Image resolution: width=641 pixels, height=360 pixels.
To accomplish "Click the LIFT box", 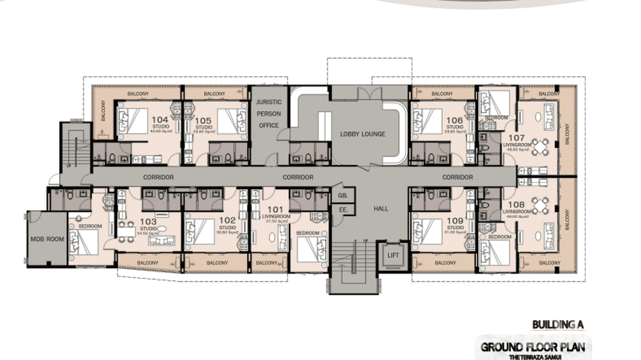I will click(x=393, y=255).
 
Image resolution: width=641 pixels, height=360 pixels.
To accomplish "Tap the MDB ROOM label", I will click(x=47, y=239).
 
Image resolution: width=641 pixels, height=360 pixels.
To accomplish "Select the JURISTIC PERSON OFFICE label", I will click(x=268, y=114).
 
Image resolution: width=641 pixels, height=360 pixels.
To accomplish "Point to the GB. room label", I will click(x=342, y=196).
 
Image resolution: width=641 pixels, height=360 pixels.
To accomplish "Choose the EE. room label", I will click(x=342, y=210).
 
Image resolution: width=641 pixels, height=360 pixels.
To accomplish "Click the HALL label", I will click(x=381, y=209).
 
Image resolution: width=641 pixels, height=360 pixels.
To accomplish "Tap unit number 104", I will click(x=160, y=120).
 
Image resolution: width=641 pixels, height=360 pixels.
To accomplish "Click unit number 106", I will click(x=454, y=120).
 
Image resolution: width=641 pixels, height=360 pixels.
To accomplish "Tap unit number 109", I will click(x=455, y=221).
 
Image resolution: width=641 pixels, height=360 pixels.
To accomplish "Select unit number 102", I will click(x=227, y=220).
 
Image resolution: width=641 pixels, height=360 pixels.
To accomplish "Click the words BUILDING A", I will click(x=558, y=325).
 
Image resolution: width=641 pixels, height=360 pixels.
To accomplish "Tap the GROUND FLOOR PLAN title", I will click(x=533, y=347).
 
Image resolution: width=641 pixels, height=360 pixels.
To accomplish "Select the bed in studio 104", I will click(x=133, y=120).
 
